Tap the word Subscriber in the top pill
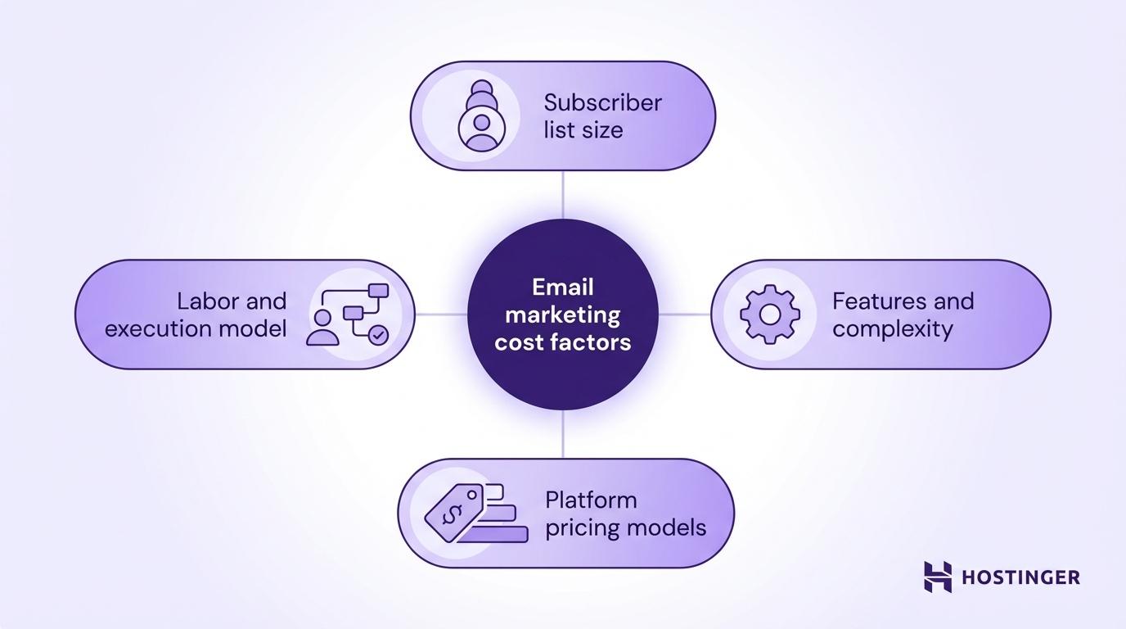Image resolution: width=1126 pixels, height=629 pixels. click(602, 103)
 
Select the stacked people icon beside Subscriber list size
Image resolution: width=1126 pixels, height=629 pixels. click(481, 115)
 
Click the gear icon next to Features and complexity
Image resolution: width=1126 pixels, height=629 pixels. click(769, 314)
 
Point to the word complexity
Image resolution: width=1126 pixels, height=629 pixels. click(892, 329)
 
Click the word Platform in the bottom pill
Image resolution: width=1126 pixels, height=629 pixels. click(590, 500)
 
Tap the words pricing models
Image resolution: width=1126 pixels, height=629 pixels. click(625, 527)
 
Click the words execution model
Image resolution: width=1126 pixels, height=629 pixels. click(196, 329)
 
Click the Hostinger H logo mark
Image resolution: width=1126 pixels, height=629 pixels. click(938, 577)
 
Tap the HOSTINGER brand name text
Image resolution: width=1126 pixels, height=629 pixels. click(1020, 577)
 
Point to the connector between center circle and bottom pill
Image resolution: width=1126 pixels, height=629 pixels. click(563, 433)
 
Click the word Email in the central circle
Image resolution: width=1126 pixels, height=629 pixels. click(562, 287)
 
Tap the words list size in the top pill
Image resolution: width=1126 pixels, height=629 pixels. click(583, 130)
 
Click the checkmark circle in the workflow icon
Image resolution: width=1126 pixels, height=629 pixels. click(377, 334)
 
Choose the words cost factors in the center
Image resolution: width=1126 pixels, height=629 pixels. click(562, 342)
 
